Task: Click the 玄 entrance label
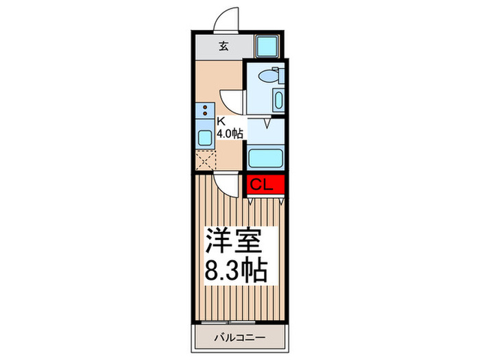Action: pos(224,47)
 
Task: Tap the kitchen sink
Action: pos(204,136)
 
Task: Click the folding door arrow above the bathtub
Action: pos(266,126)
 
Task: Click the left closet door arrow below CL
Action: pos(252,202)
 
